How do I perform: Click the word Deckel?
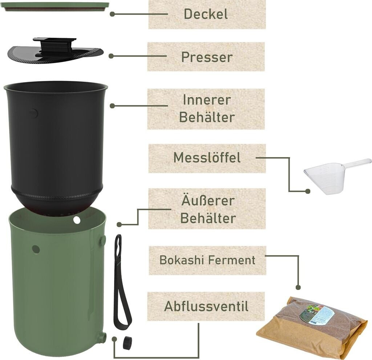click(206, 14)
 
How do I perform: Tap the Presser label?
click(206, 57)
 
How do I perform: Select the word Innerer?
click(206, 100)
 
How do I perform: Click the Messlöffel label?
click(206, 158)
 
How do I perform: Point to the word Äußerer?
click(208, 200)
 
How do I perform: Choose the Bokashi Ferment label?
click(207, 260)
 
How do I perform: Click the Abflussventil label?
click(206, 306)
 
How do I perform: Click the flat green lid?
click(57, 6)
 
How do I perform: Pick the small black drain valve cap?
click(127, 342)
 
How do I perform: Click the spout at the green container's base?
click(103, 337)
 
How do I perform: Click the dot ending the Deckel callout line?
click(112, 14)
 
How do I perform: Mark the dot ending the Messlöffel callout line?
click(308, 191)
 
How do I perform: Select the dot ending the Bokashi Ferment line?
click(298, 287)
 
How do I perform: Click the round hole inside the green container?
click(77, 220)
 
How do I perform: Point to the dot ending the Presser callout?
click(111, 56)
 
